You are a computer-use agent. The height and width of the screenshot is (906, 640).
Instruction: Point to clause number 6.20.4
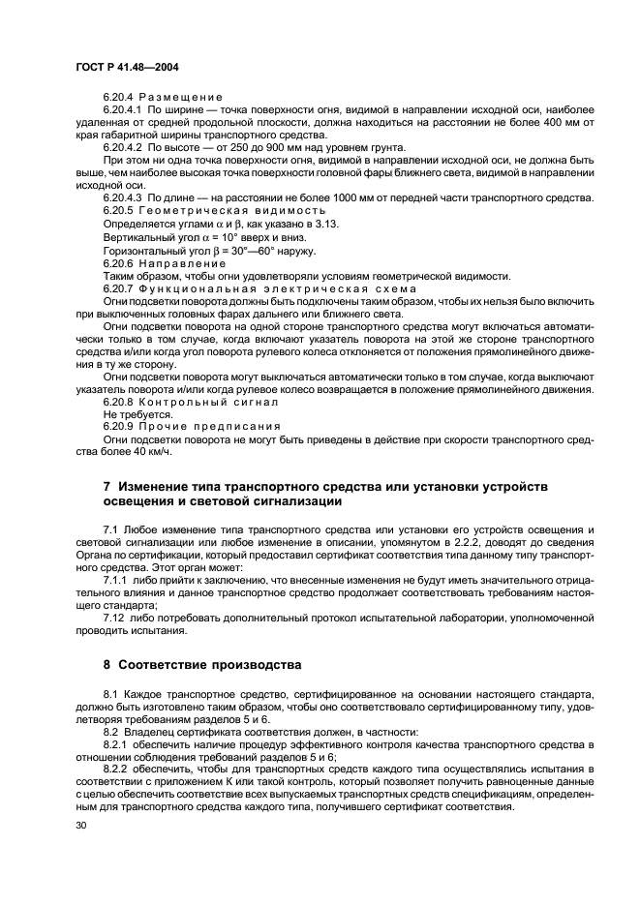click(120, 98)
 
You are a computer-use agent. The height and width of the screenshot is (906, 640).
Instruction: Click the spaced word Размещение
click(181, 98)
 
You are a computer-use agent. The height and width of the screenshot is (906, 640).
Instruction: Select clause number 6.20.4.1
click(125, 110)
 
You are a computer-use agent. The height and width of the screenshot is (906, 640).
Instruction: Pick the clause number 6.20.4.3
click(125, 196)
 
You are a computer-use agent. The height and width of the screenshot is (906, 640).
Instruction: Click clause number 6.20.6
click(120, 263)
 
